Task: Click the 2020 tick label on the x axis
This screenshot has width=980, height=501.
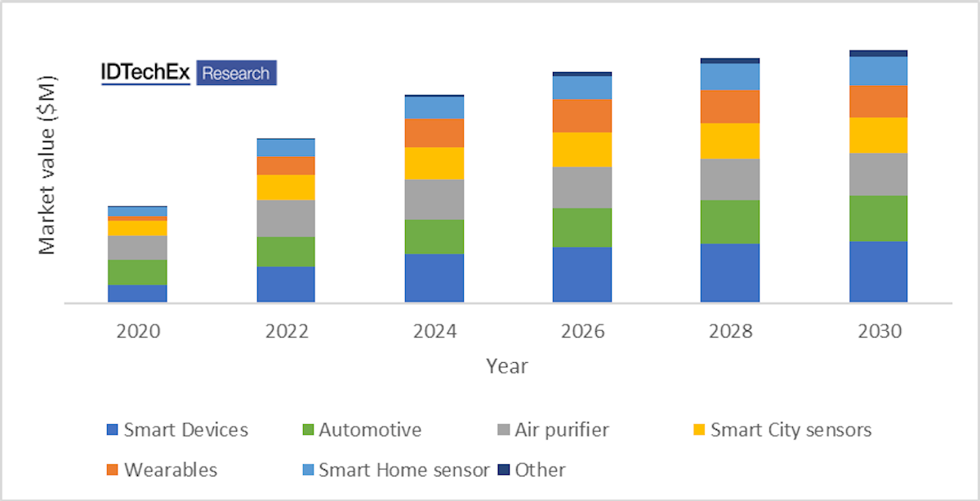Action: (x=137, y=332)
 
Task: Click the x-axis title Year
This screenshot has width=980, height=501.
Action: (x=507, y=365)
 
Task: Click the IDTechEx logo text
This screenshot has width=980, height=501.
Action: (x=145, y=73)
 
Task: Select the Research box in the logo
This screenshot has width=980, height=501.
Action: (x=236, y=74)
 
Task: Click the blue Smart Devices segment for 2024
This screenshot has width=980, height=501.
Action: (x=434, y=278)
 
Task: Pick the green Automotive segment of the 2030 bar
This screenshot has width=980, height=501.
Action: (x=878, y=218)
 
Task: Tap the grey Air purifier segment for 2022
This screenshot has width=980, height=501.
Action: (x=286, y=218)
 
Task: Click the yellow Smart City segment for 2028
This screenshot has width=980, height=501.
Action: (x=729, y=141)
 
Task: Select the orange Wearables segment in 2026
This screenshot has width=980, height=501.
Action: (x=581, y=115)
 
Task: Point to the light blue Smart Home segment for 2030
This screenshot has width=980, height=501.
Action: (x=878, y=70)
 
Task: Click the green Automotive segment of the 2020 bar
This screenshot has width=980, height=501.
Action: (x=137, y=272)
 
